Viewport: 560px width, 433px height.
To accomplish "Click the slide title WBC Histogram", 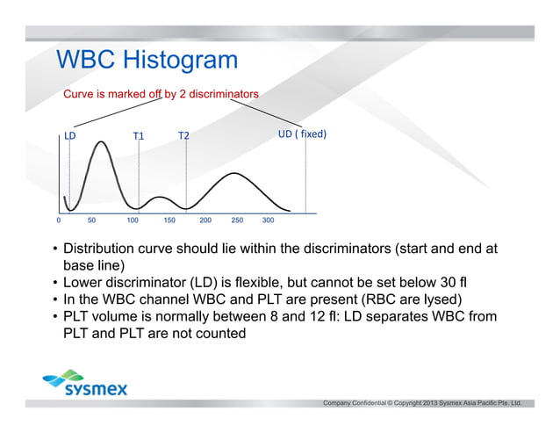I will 147,60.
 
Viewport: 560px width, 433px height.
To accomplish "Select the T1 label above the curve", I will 139,136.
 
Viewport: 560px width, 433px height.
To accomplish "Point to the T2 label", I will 183,136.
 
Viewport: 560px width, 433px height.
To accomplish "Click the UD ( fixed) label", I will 302,134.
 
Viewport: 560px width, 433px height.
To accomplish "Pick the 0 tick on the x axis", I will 58,220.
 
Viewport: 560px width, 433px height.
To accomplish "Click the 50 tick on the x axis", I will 91,220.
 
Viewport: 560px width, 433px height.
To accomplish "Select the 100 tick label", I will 133,220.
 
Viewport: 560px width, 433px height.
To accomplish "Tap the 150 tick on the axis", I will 169,220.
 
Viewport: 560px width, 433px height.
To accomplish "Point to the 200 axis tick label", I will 205,220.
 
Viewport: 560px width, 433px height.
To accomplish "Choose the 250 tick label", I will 237,220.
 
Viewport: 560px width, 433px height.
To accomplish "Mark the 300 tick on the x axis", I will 269,220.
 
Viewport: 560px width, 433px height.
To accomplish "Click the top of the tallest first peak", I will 101,141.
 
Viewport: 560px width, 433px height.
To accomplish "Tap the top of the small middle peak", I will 157,196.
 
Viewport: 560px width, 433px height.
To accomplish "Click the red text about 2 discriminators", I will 160,94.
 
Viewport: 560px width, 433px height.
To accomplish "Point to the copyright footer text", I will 422,403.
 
